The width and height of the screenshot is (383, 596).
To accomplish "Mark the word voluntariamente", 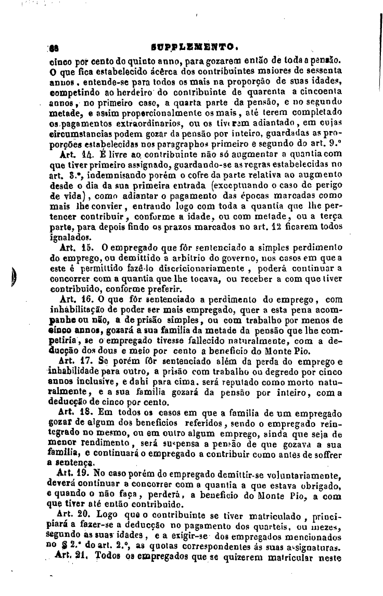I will [308, 474].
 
